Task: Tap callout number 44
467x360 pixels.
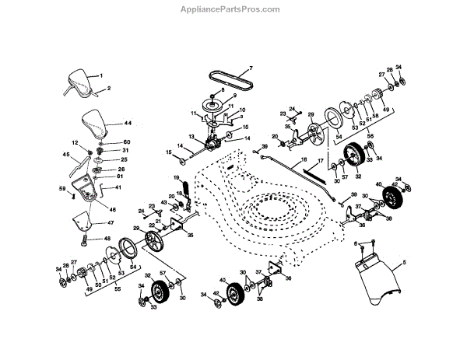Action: [x=128, y=123]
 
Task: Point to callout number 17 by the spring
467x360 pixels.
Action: [x=319, y=160]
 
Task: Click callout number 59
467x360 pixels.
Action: [x=61, y=187]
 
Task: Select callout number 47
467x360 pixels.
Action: [x=109, y=223]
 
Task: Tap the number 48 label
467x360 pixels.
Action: [x=107, y=239]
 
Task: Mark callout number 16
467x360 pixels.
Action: [x=304, y=160]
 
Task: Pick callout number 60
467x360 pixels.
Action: [x=126, y=142]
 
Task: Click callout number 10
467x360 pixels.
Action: [x=242, y=110]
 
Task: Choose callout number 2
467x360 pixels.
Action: [x=108, y=89]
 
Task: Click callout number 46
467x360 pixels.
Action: [x=114, y=210]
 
